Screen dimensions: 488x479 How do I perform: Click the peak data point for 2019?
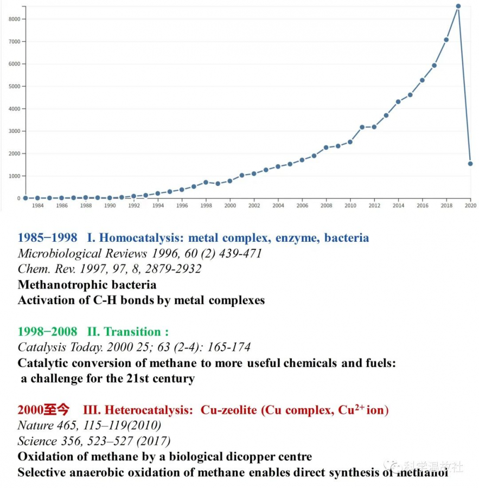[458, 7]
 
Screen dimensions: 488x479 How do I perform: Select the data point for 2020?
[470, 163]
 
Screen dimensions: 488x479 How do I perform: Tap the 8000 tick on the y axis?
[15, 19]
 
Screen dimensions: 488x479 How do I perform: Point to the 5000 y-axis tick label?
[15, 86]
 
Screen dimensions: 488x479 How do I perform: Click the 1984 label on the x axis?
[37, 206]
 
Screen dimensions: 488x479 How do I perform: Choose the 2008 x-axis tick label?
[326, 206]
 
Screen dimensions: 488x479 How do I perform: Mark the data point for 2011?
[362, 127]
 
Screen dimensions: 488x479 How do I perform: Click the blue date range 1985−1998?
[47, 237]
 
